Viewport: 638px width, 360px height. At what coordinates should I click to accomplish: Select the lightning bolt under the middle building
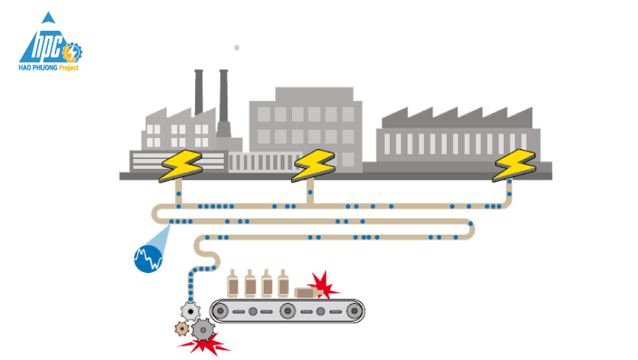point(313,165)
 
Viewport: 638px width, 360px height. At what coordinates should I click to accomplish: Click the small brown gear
point(181,328)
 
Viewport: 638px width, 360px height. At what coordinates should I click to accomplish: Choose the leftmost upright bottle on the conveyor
point(233,283)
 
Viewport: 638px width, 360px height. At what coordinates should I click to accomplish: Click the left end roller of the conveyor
point(221,310)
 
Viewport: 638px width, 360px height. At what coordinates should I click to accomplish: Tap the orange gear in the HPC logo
point(73,53)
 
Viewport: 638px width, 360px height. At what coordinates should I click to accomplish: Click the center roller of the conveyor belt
point(286,310)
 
